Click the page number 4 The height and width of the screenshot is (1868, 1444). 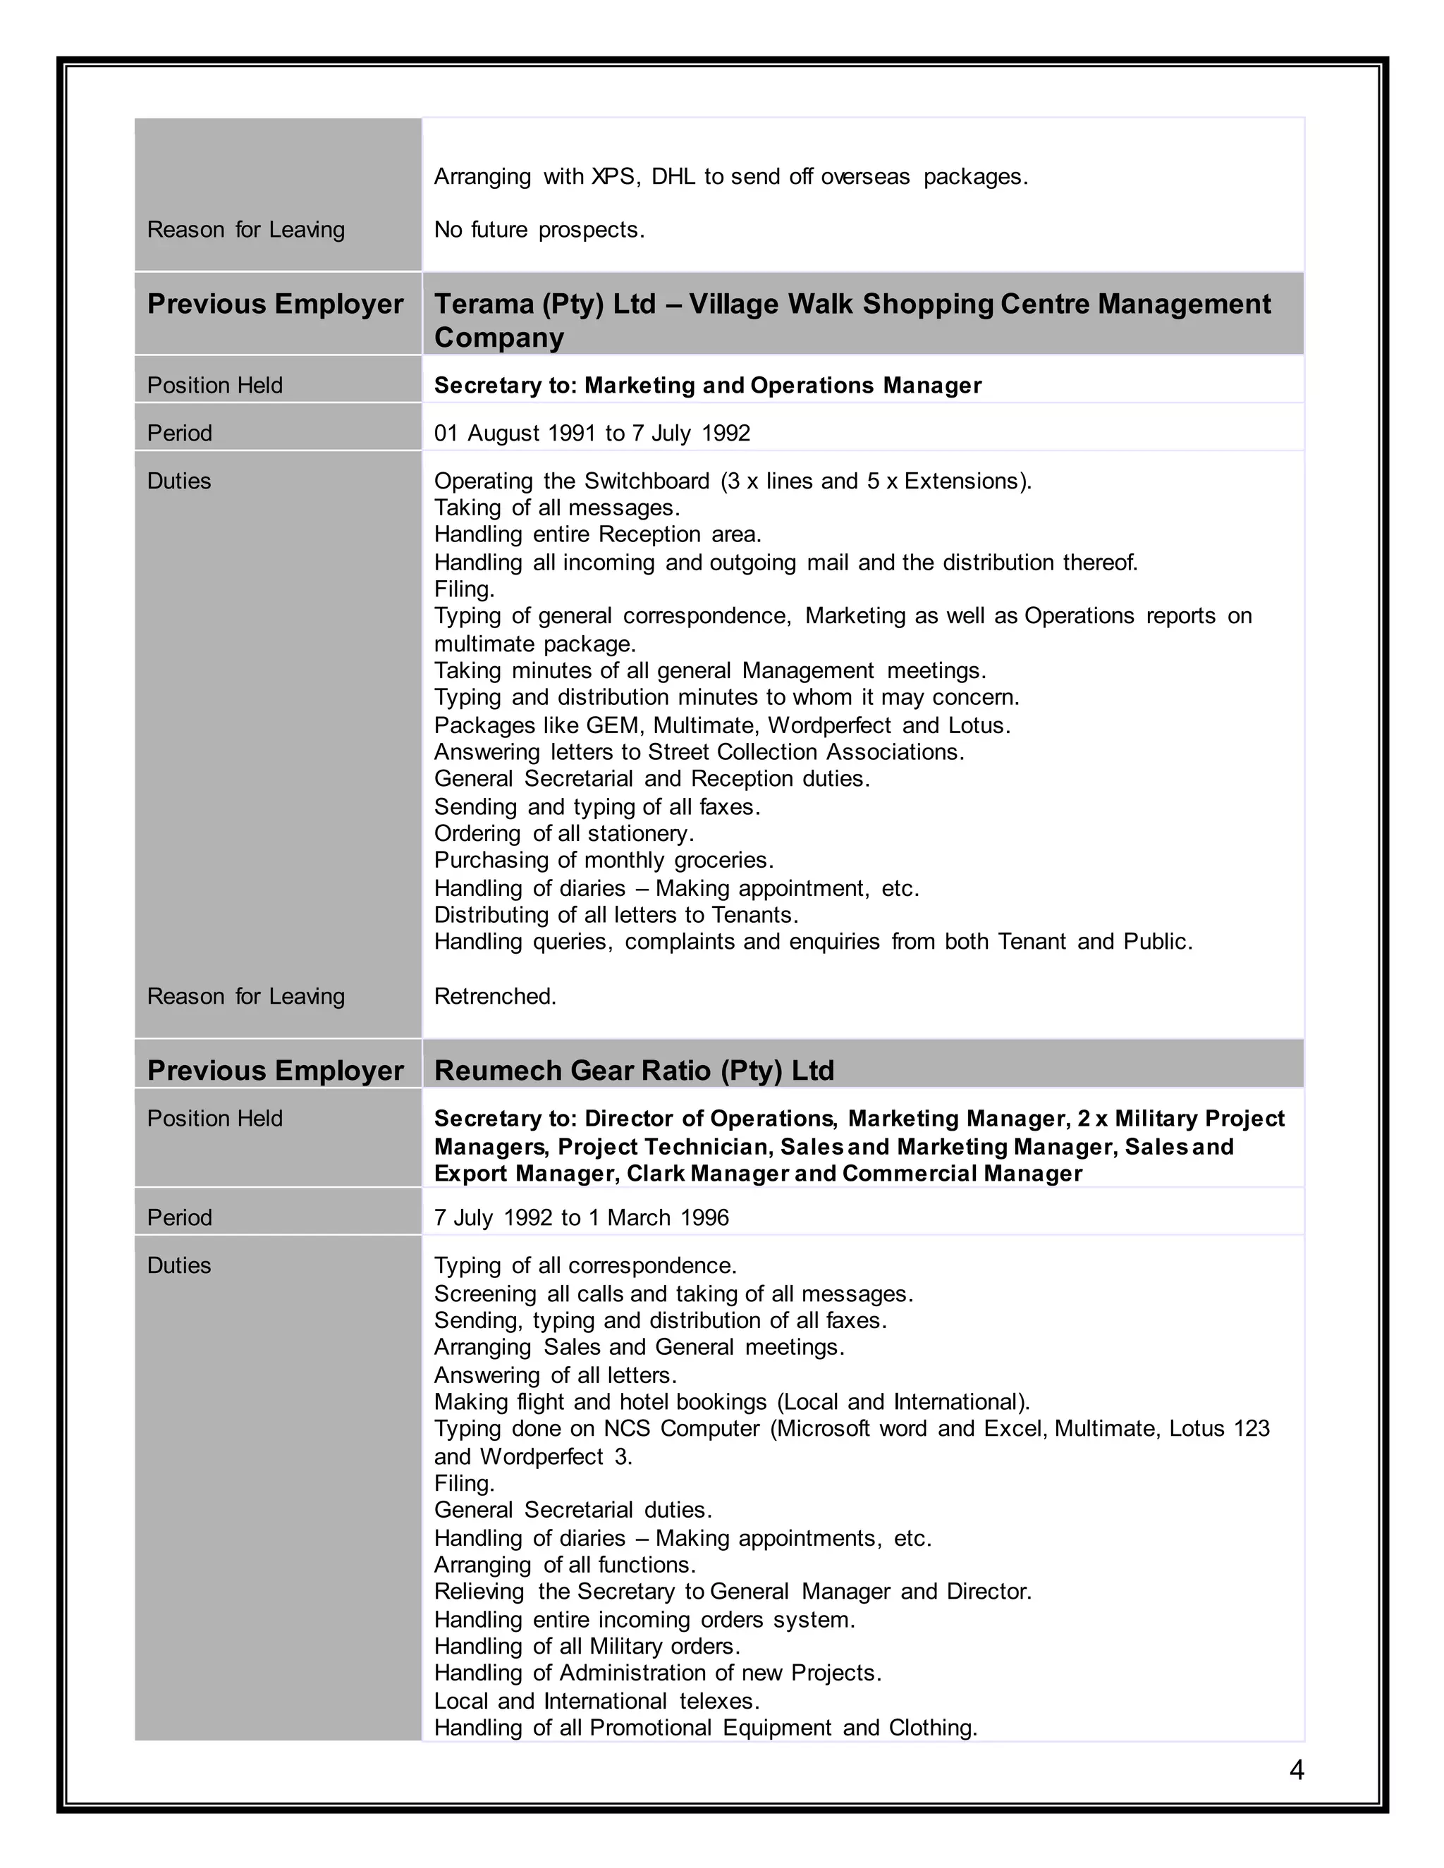tap(1296, 1769)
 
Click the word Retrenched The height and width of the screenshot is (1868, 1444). tap(494, 997)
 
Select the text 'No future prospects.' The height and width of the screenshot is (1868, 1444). tap(539, 230)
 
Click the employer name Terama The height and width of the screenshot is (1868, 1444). tap(484, 305)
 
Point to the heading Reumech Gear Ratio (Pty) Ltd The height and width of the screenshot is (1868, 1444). tap(634, 1071)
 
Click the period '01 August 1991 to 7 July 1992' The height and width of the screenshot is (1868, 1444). tap(592, 434)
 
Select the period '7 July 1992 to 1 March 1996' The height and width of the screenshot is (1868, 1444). tap(581, 1218)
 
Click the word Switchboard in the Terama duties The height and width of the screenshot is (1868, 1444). tap(647, 481)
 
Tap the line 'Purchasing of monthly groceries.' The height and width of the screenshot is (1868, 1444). tap(603, 861)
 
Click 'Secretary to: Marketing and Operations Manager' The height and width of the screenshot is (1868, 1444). tap(707, 386)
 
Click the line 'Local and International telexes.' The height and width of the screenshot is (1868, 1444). tap(596, 1701)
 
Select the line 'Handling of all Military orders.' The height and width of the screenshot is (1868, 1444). tap(587, 1647)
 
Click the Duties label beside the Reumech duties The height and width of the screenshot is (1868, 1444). tap(179, 1266)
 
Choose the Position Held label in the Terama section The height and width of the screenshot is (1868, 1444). tap(215, 386)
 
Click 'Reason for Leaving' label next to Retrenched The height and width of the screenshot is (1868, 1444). tap(245, 997)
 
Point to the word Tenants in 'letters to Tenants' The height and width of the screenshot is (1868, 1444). tap(752, 915)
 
